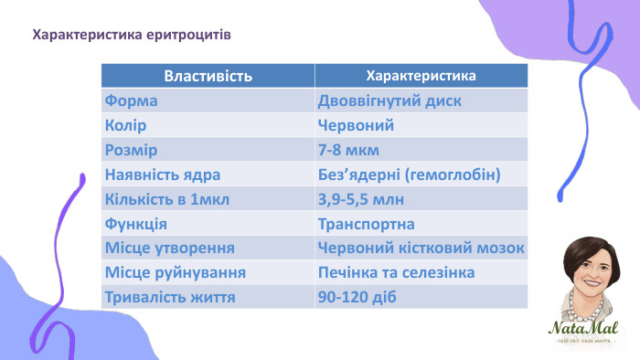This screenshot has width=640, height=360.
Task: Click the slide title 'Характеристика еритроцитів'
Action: [131, 36]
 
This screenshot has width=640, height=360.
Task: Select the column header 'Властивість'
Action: [208, 76]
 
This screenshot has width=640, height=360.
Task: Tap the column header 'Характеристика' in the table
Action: [420, 76]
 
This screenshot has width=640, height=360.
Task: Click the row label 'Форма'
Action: [132, 101]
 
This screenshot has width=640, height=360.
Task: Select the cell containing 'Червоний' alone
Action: [356, 125]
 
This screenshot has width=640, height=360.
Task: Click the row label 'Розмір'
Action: [132, 150]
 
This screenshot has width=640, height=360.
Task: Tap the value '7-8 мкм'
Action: [348, 150]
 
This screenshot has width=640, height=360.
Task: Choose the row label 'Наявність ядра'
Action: [164, 175]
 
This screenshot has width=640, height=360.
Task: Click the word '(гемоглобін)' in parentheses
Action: [456, 175]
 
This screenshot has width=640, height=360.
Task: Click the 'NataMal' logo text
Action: [583, 328]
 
